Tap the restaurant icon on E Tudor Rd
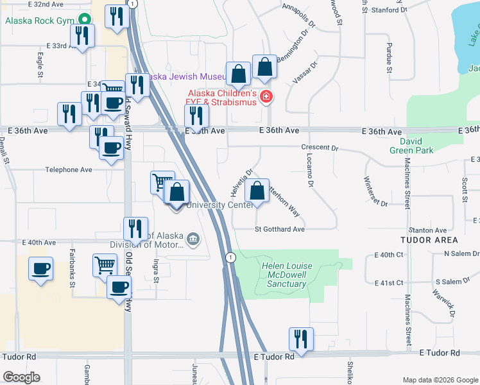pos(300,339)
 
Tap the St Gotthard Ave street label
pos(279,229)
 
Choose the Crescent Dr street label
pos(320,148)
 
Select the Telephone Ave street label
pos(69,170)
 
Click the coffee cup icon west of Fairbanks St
pos(41,268)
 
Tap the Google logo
pos(21,377)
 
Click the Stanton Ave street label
pos(427,230)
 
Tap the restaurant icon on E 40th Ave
pos(135,228)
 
